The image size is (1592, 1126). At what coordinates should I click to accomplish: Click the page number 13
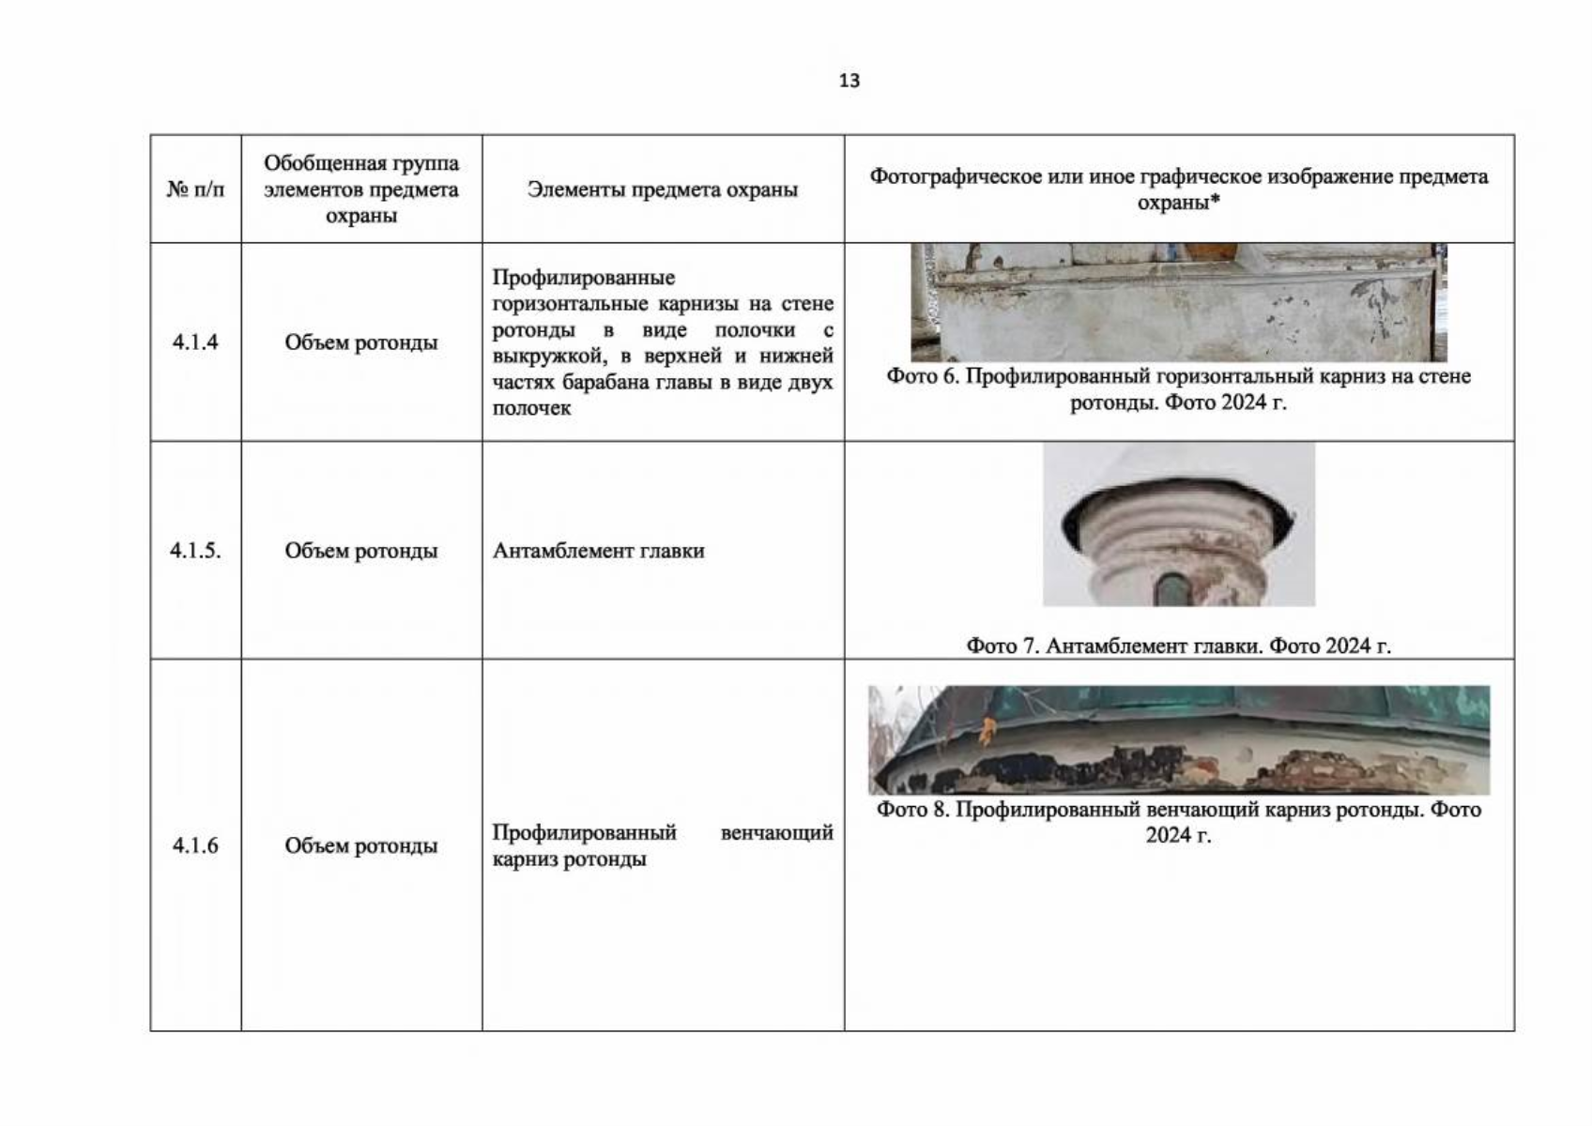point(850,81)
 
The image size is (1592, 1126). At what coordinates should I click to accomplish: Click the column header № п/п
point(195,190)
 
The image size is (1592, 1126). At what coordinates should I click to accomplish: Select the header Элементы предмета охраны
point(663,190)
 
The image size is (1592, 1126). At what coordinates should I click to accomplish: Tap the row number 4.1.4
point(195,342)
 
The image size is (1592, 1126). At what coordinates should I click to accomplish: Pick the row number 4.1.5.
point(195,551)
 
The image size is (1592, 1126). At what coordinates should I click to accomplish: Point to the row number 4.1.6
point(195,845)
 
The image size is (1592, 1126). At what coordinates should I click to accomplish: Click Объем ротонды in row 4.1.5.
point(361,551)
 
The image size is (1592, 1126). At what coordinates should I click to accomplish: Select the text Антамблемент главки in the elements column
point(599,551)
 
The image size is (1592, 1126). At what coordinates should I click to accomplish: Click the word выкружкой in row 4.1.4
point(550,356)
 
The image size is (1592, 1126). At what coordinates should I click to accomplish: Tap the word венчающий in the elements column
point(777,832)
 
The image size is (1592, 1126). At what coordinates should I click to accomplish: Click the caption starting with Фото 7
point(1178,646)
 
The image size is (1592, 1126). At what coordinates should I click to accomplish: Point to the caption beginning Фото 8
point(1178,822)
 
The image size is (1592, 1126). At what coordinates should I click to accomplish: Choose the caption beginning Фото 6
point(1178,389)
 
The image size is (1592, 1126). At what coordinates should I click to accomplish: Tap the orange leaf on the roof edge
point(987,730)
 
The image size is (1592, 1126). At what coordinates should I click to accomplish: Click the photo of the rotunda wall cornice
point(1178,303)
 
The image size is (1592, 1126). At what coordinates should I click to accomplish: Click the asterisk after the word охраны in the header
point(1215,200)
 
